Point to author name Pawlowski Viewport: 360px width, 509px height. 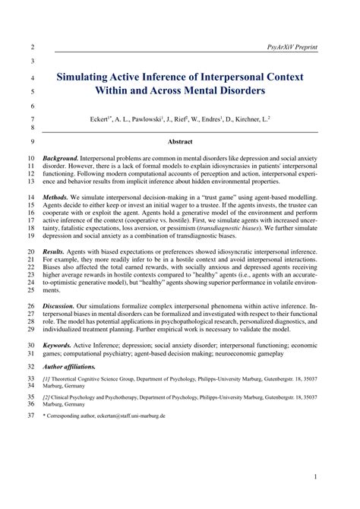[154, 119]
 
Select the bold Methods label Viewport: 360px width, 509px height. [58, 197]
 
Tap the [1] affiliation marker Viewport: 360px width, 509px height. [46, 378]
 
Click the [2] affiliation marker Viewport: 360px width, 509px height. [46, 397]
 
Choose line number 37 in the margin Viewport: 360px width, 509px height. [30, 416]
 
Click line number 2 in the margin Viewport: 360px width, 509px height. [31, 47]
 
